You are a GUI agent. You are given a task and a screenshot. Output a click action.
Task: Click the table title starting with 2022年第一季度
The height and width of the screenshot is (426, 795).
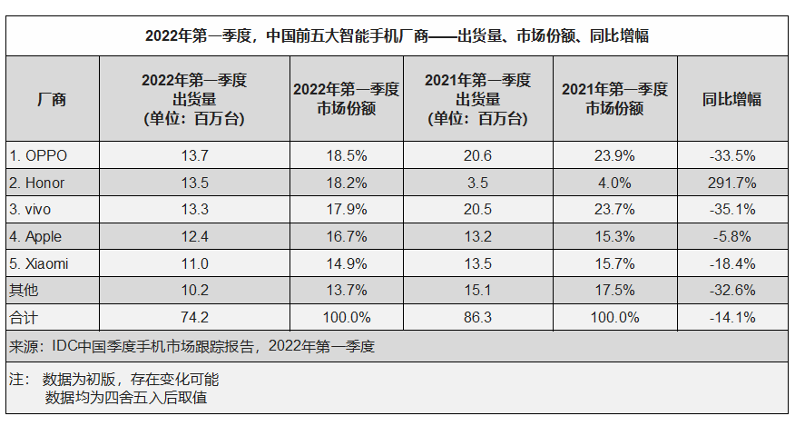pyautogui.click(x=397, y=36)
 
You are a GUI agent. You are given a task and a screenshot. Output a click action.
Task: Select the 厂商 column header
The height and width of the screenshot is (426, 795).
pyautogui.click(x=52, y=99)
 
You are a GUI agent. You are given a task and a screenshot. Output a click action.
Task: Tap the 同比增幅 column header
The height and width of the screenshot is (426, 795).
pyautogui.click(x=731, y=99)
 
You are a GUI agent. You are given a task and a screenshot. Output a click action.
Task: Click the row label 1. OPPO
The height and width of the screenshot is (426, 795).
pyautogui.click(x=38, y=155)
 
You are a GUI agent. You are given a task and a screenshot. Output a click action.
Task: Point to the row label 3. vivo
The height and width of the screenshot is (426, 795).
pyautogui.click(x=32, y=210)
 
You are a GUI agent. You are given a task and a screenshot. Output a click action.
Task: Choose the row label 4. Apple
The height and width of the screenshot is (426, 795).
pyautogui.click(x=36, y=237)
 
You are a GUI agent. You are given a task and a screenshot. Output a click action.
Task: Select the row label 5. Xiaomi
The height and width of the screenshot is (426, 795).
pyautogui.click(x=39, y=264)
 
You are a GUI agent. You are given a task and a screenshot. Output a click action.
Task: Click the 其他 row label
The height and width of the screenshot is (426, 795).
pyautogui.click(x=25, y=292)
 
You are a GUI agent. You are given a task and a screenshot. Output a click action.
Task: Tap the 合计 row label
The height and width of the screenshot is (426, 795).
pyautogui.click(x=25, y=318)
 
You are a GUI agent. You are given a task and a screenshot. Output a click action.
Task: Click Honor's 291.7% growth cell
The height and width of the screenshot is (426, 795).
pyautogui.click(x=732, y=183)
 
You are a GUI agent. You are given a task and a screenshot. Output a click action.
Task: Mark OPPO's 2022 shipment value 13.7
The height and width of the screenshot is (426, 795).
pyautogui.click(x=194, y=155)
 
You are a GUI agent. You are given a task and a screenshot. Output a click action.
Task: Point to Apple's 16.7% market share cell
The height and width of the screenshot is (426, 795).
pyautogui.click(x=346, y=237)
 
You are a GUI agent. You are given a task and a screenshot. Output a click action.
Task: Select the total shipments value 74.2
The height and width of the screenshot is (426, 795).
pyautogui.click(x=194, y=318)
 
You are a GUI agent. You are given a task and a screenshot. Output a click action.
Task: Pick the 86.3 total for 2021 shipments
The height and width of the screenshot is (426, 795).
pyautogui.click(x=476, y=318)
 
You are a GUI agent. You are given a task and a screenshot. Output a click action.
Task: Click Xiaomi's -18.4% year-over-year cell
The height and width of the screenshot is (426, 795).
pyautogui.click(x=732, y=264)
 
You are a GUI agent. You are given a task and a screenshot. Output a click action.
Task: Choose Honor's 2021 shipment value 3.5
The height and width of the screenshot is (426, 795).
pyautogui.click(x=476, y=183)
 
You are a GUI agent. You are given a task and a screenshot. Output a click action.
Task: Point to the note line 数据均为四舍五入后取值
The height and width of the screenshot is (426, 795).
pyautogui.click(x=131, y=397)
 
